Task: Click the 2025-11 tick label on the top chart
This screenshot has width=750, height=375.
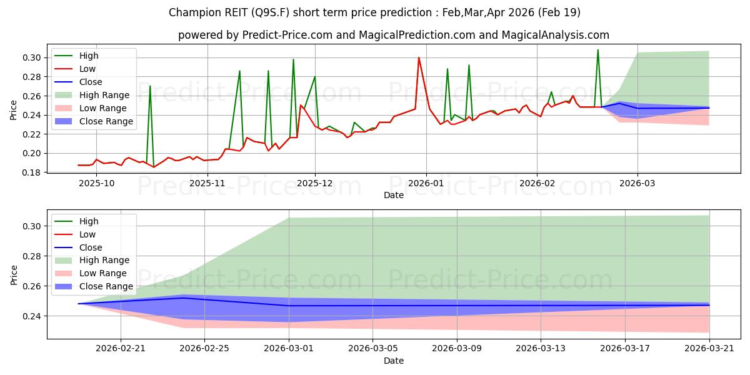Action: coord(207,184)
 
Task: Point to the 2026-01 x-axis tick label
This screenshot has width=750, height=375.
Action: coord(426,184)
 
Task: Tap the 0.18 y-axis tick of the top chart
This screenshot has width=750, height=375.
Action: coord(32,172)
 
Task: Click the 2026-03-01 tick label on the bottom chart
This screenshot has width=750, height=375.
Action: coord(289,349)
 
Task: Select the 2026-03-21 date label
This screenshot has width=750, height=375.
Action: coord(709,349)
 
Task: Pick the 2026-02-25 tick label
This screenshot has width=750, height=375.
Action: coord(204,349)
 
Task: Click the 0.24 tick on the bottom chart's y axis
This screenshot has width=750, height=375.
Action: coord(32,316)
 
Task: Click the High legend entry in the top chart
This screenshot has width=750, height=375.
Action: coord(89,56)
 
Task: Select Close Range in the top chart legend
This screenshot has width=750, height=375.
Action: coord(106,121)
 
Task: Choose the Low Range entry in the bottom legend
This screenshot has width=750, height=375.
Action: coord(102,273)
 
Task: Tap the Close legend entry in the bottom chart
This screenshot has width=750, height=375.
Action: coord(91,247)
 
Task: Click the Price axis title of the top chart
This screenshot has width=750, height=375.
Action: coord(13,110)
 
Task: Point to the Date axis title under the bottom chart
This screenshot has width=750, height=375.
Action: coord(394,361)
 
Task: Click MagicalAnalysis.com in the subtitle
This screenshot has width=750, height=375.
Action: coord(556,35)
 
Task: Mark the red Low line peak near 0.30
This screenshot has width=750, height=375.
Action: coord(419,57)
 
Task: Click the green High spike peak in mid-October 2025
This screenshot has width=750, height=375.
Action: coord(150,86)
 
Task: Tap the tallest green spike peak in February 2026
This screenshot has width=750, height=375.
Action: coord(598,50)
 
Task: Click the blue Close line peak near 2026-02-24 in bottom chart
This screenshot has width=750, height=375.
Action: coord(184,297)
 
